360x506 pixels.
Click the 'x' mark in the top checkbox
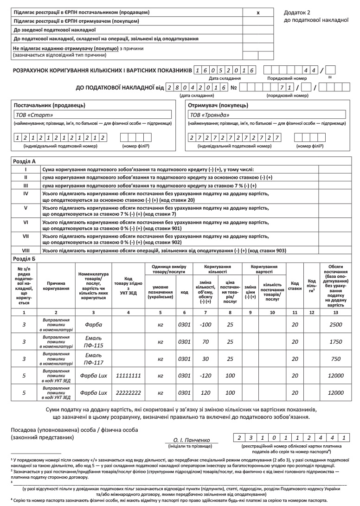[x=258, y=13]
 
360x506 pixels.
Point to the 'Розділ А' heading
[x=23, y=162]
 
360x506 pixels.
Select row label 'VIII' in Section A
[x=26, y=251]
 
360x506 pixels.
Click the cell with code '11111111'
[x=128, y=375]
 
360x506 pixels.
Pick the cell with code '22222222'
[x=128, y=392]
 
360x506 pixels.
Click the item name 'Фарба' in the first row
[x=93, y=324]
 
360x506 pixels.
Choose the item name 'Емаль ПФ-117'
[x=93, y=358]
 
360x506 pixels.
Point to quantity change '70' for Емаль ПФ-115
[x=205, y=341]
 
